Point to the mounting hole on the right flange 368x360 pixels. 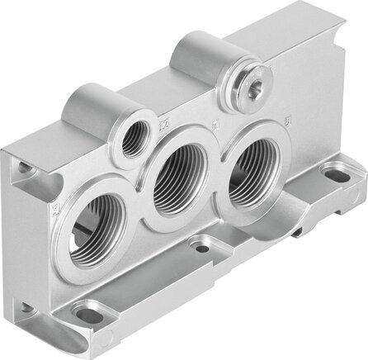pyautogui.click(x=336, y=174)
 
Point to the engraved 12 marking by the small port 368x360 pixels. pyautogui.click(x=163, y=125)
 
